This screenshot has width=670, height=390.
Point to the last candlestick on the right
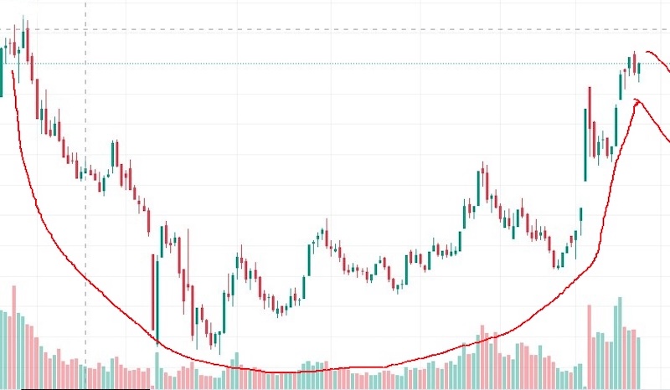638,72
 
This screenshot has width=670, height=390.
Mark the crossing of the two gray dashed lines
86,29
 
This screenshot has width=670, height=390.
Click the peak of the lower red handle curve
637,100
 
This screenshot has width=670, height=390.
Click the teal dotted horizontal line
335,64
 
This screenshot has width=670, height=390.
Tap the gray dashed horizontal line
335,29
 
